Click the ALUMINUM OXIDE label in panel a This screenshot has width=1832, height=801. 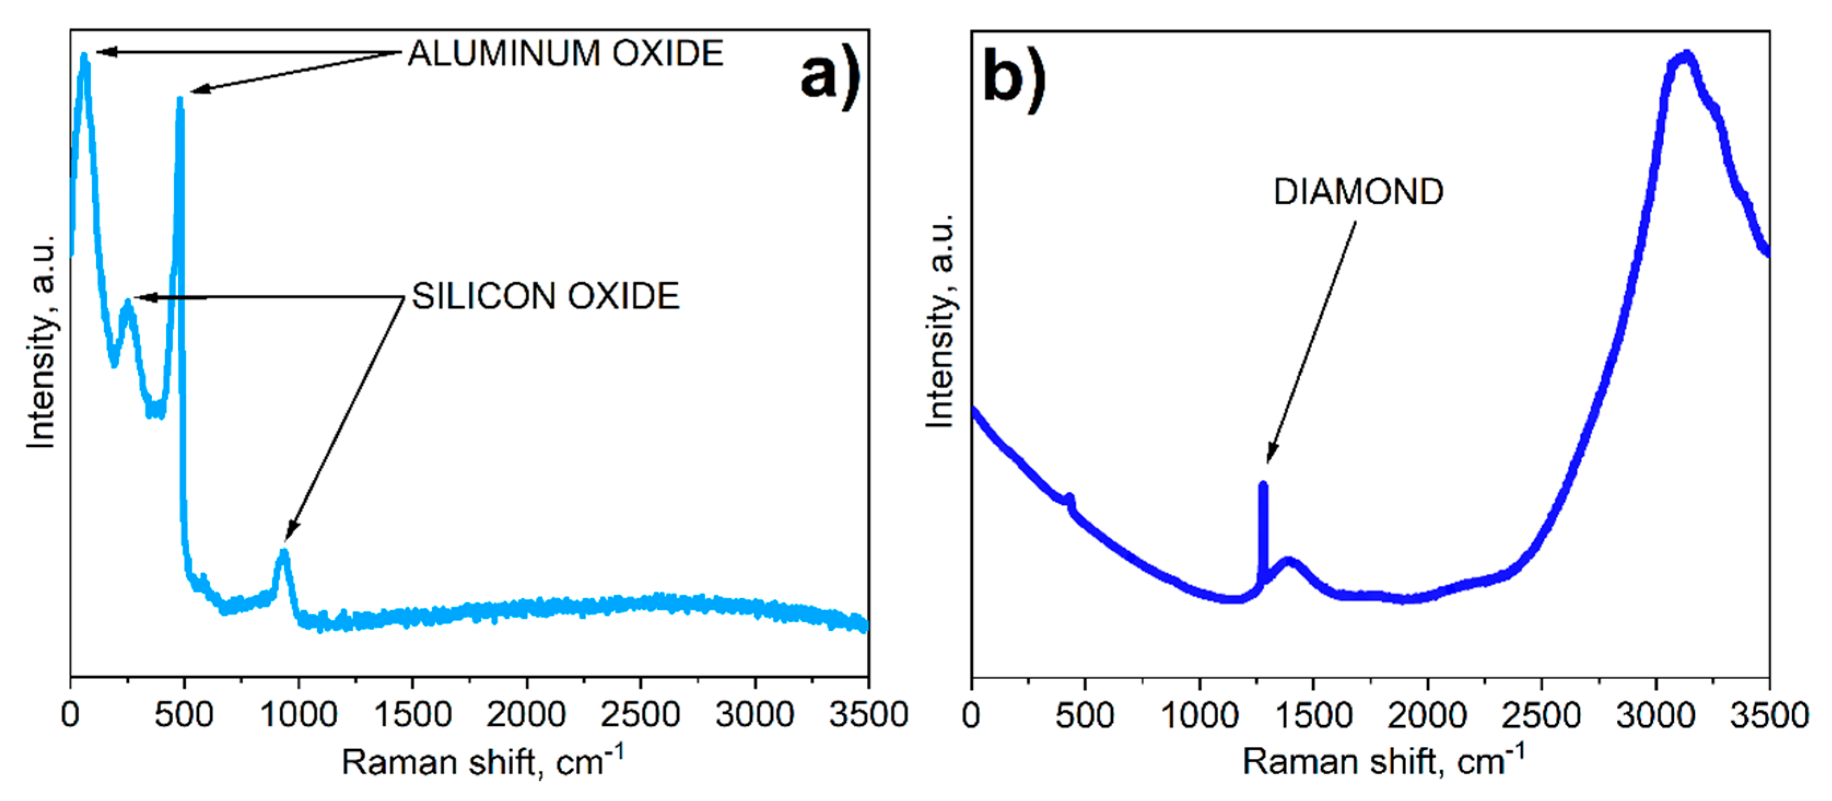(x=565, y=54)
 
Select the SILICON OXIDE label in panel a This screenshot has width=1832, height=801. (x=545, y=296)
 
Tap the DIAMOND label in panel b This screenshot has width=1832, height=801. (x=1358, y=192)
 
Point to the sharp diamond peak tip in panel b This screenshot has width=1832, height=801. (x=1263, y=486)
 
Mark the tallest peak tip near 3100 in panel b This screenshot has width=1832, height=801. (x=1686, y=56)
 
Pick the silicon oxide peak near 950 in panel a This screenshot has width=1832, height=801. (x=284, y=553)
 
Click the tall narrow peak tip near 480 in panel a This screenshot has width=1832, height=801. (x=180, y=101)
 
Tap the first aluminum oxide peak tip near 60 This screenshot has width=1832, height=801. (x=85, y=57)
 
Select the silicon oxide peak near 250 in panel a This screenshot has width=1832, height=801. (x=128, y=304)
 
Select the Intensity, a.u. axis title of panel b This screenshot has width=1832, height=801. (x=940, y=320)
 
